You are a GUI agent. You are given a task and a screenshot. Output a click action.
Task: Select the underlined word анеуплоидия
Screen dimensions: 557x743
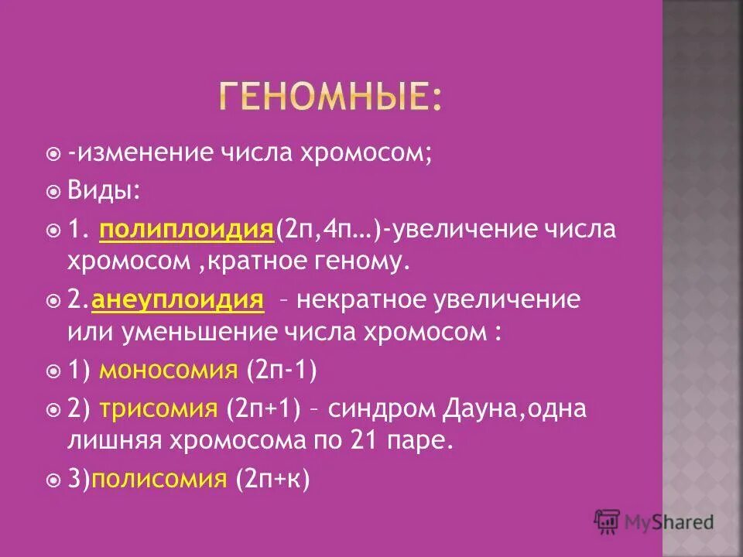click(178, 300)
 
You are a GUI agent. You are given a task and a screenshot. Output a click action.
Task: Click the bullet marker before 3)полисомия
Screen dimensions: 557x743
click(53, 480)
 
